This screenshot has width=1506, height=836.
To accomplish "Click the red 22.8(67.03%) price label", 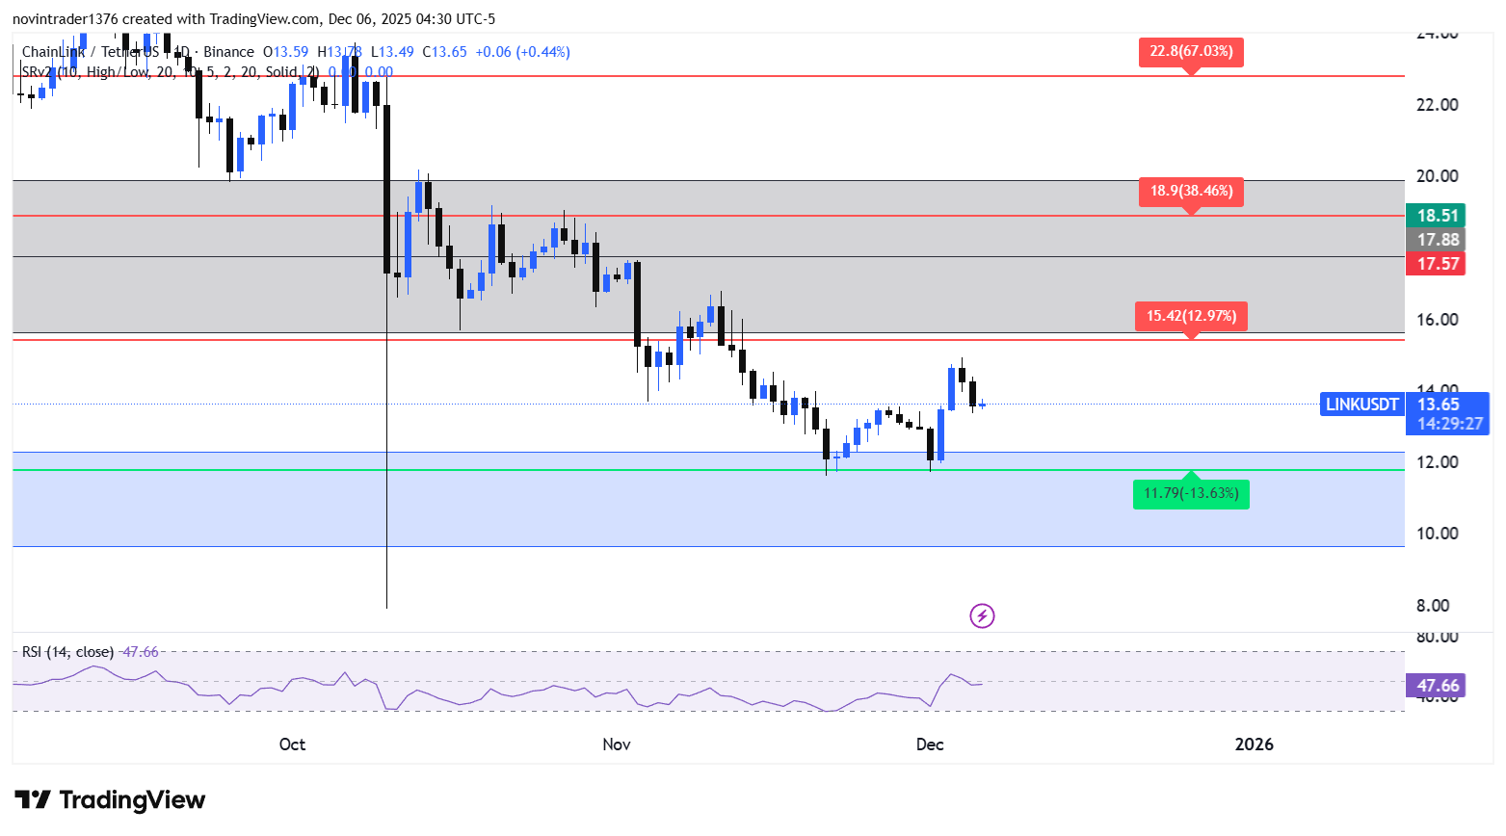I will pos(1191,51).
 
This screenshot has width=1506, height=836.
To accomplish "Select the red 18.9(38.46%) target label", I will pos(1191,191).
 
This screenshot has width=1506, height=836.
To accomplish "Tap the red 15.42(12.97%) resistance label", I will pos(1191,316).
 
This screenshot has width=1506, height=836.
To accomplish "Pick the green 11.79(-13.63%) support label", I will pos(1191,494).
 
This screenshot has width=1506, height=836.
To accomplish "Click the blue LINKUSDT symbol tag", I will pos(1361,405).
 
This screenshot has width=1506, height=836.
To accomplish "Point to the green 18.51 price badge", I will pos(1436,216).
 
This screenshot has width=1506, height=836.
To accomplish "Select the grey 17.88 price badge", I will pos(1436,240).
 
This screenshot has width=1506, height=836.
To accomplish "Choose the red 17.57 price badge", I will pos(1436,264).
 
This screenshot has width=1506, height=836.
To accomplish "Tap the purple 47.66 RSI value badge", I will pos(1436,686).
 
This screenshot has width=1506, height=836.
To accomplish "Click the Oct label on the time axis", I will pos(292,745).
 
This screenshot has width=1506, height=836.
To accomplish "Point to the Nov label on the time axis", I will pos(617,745).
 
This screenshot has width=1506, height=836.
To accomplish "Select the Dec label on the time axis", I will pos(930,745).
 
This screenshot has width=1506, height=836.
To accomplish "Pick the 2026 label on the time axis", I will pos(1254,745).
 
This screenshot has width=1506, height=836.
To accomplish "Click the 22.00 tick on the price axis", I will pos(1437,105).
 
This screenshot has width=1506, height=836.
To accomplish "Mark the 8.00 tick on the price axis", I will pos(1432,606).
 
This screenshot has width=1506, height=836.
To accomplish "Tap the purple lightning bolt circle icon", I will pos(982,615).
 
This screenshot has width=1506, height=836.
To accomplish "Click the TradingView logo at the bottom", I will pos(110,800).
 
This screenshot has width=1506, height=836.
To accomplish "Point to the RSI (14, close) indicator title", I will pos(67,652).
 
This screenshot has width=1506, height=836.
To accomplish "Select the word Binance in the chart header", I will pos(228,52).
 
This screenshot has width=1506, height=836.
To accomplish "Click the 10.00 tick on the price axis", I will pos(1437,534).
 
